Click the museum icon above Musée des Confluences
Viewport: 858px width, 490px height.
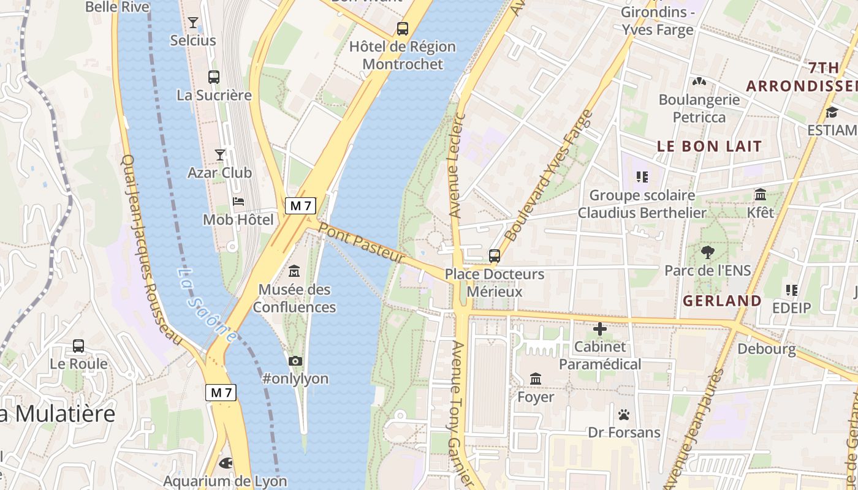[294, 271]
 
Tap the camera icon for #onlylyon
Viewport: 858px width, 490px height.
[295, 361]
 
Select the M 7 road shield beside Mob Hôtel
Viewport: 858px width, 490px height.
[300, 206]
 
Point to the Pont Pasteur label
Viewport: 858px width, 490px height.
[362, 244]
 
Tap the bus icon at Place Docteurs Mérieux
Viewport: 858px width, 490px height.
[495, 256]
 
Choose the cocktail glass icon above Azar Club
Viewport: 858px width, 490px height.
[220, 154]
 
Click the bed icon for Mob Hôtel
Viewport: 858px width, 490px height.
[239, 202]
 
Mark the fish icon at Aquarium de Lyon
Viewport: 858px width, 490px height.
[226, 464]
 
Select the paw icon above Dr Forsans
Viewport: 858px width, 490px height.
[624, 415]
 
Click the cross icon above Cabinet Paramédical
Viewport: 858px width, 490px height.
[600, 329]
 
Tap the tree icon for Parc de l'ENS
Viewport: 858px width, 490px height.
[708, 252]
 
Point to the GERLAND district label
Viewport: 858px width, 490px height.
[722, 301]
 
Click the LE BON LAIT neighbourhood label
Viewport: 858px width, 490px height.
[709, 146]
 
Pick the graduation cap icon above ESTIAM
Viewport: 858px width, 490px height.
[832, 112]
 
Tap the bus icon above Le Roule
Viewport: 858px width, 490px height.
[78, 346]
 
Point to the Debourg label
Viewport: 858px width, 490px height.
[767, 349]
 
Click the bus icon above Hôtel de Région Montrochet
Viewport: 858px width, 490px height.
[403, 28]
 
